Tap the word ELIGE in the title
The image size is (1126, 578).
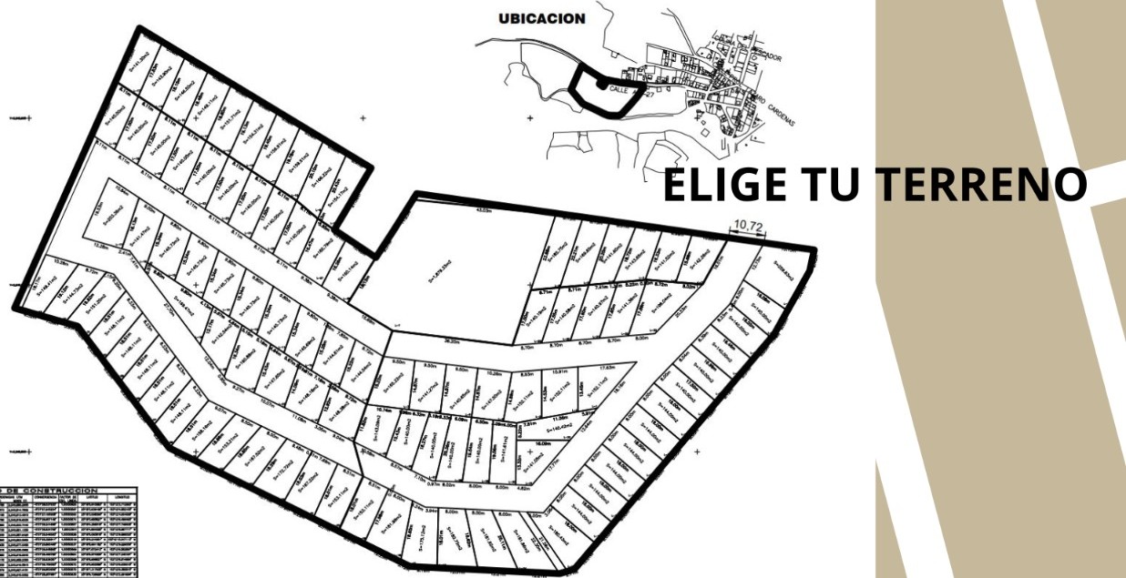(720, 185)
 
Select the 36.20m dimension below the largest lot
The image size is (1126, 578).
(450, 341)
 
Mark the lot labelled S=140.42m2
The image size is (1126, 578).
(557, 425)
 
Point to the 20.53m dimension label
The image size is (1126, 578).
(680, 309)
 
